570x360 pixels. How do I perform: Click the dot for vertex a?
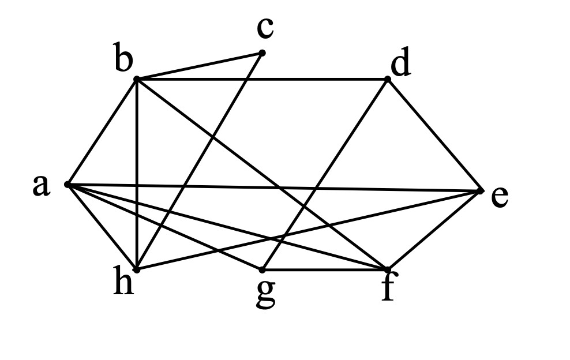[67, 185]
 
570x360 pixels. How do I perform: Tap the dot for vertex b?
[136, 79]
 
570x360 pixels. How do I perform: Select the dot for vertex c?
[262, 53]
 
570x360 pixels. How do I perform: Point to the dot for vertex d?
[388, 79]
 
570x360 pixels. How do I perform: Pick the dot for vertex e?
[481, 190]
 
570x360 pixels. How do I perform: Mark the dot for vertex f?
[388, 269]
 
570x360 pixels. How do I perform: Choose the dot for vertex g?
[262, 270]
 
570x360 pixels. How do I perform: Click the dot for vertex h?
[137, 269]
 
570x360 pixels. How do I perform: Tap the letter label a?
[40, 185]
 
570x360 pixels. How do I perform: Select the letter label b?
[123, 57]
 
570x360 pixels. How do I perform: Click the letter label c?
[265, 28]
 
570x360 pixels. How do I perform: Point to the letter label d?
[400, 62]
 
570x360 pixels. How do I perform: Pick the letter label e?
[500, 198]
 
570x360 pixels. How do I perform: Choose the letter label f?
[388, 286]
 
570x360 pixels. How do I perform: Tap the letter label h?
[123, 280]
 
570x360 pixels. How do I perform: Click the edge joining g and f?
[325, 270]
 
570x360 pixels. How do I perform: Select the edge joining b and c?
[199, 66]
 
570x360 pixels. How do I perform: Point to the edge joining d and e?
[434, 134]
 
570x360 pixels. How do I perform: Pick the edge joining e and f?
[434, 230]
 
